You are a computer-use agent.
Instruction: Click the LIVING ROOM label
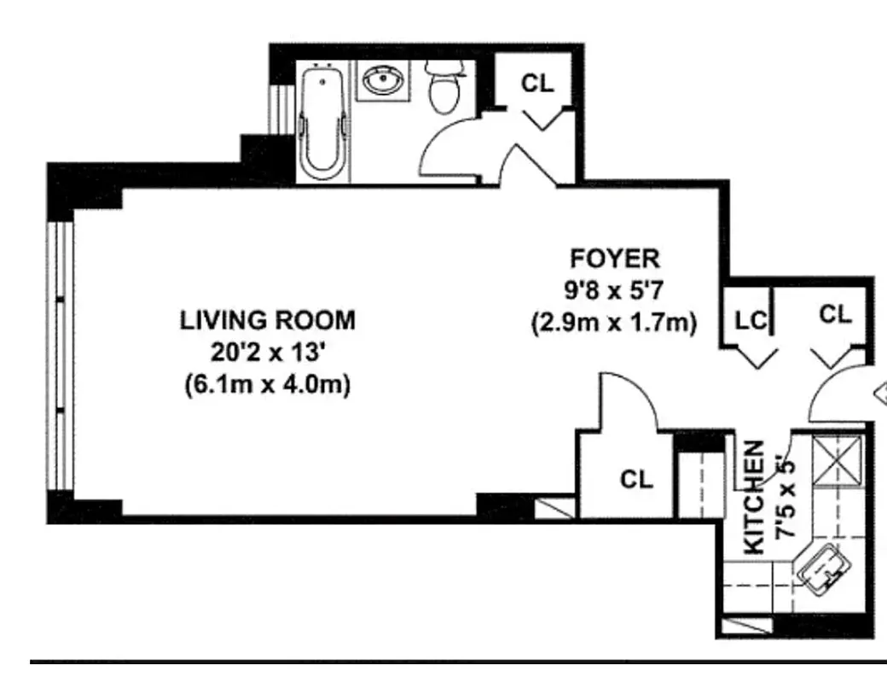tap(267, 321)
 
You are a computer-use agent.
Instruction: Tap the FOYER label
tap(614, 258)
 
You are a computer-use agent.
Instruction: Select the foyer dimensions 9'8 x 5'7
tap(614, 290)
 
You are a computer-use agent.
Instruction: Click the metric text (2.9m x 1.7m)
tap(614, 323)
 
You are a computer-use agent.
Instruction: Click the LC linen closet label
tap(751, 321)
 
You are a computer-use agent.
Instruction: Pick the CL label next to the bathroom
tap(536, 83)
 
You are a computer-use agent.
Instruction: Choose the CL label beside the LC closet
tap(835, 314)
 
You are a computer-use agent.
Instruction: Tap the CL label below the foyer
tap(635, 480)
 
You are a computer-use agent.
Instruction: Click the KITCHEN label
tap(754, 499)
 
